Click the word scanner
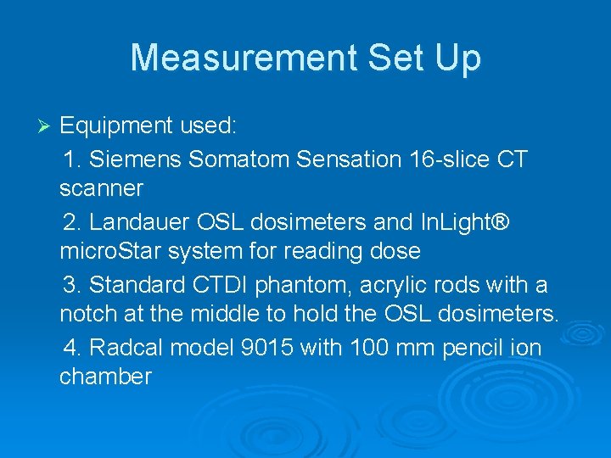click(101, 187)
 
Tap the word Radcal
click(130, 348)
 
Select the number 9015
click(277, 348)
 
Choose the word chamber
click(105, 377)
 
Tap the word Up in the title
click(457, 58)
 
